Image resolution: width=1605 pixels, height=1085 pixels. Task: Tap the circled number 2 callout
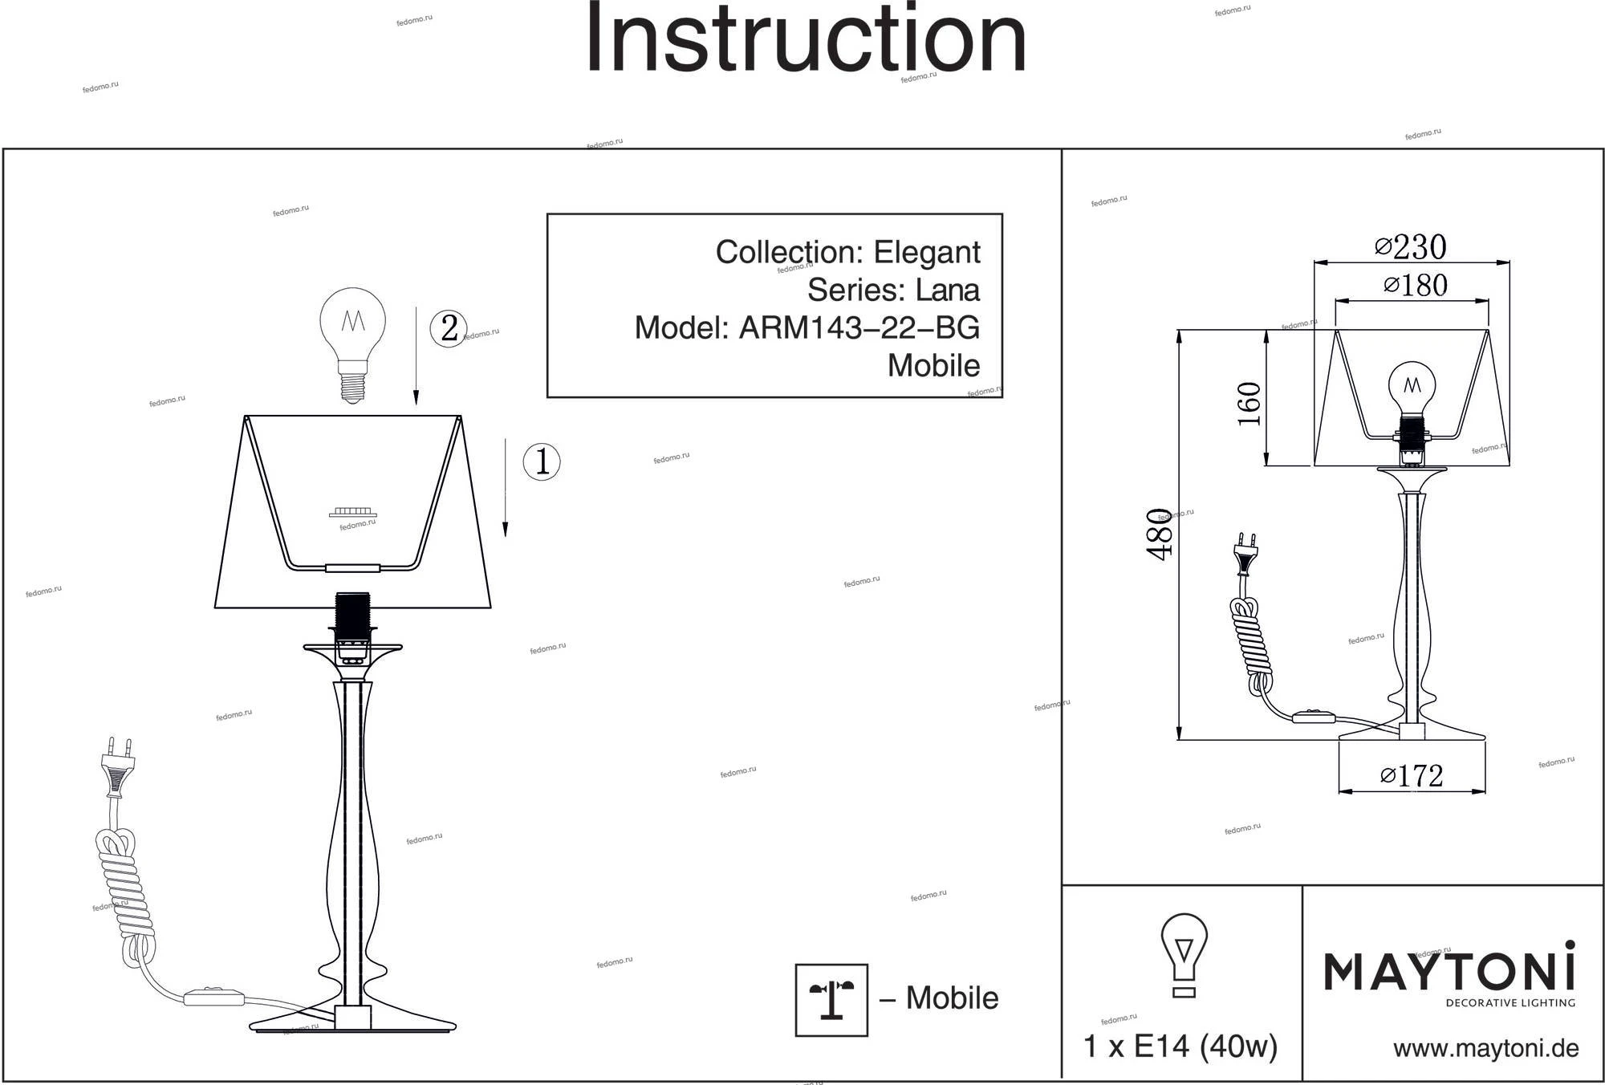449,328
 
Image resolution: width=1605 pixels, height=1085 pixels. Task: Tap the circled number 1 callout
542,462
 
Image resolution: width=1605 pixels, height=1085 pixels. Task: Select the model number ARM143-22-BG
859,328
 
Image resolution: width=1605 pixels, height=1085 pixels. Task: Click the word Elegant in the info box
926,252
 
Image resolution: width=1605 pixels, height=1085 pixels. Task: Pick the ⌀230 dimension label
1410,247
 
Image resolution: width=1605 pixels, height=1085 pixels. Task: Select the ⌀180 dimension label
1416,286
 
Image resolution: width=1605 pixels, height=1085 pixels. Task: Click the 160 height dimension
1249,404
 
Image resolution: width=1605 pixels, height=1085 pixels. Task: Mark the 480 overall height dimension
1160,534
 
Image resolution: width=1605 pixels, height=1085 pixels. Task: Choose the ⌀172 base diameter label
1412,775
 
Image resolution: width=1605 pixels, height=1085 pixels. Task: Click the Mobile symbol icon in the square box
831,1000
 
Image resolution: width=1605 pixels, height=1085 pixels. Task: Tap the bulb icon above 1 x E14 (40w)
1184,955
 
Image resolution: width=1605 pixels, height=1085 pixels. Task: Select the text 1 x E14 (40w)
1180,1046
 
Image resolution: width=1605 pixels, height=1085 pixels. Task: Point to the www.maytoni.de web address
1485,1048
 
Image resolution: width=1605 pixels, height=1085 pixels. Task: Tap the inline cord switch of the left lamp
214,998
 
